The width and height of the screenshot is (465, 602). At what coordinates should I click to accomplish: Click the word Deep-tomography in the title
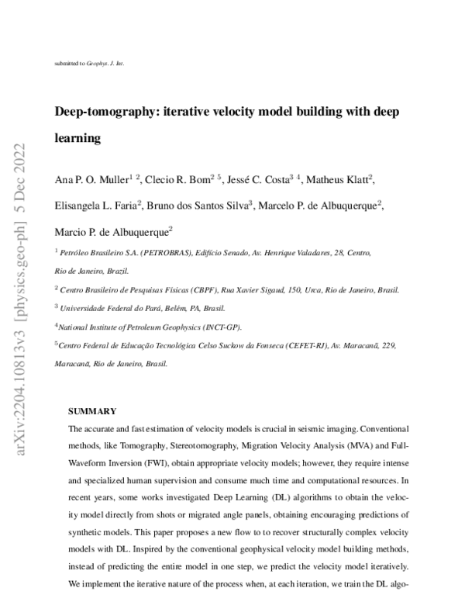click(104, 112)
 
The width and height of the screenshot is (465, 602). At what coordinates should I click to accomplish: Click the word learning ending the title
click(77, 139)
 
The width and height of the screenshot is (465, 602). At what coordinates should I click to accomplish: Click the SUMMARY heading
click(92, 411)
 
